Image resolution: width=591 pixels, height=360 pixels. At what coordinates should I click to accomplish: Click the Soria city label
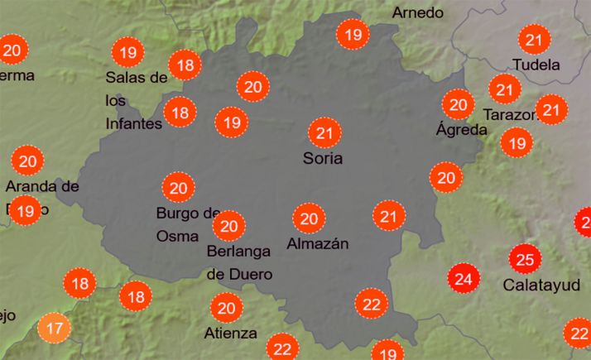point(323,157)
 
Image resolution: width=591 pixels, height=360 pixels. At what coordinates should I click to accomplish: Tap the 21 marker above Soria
point(324,132)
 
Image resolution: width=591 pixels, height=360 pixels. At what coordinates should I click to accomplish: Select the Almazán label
point(317,243)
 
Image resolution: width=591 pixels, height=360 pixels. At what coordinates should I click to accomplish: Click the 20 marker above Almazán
point(310,218)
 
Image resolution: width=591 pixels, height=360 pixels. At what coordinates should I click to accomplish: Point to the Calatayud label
point(535,286)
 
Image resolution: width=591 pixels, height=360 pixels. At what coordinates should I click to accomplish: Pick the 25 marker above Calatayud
point(525,260)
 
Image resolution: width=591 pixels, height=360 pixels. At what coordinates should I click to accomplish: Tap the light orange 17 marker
point(55,329)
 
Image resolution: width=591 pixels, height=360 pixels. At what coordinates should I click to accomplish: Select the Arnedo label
point(418,12)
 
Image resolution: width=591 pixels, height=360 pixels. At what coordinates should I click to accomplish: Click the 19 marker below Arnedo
point(354,35)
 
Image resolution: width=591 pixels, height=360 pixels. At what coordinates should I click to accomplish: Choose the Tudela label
point(536,65)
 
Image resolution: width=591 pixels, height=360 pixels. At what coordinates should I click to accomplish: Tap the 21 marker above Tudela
point(535,39)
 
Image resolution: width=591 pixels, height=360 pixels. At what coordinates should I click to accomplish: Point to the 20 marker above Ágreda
point(458,104)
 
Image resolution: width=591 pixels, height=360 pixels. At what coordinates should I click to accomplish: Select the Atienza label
point(230,333)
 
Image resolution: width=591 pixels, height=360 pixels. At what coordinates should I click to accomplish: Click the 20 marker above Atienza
point(226,309)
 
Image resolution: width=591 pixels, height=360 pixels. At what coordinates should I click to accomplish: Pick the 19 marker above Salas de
point(127,53)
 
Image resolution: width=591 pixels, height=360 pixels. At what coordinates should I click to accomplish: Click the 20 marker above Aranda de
point(28,161)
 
